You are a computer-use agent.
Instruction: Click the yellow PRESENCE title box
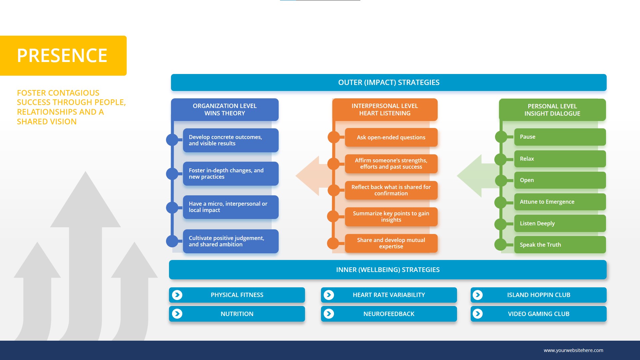pyautogui.click(x=63, y=56)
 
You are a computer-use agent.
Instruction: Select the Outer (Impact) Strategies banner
pyautogui.click(x=389, y=82)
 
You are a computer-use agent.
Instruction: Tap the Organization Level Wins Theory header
pyautogui.click(x=225, y=110)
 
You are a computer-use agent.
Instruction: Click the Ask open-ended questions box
pyautogui.click(x=391, y=137)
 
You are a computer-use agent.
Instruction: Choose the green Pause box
pyautogui.click(x=560, y=137)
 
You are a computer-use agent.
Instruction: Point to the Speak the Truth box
pyautogui.click(x=560, y=245)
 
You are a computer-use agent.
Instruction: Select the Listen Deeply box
pyautogui.click(x=560, y=223)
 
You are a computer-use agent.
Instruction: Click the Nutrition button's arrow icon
pyautogui.click(x=177, y=314)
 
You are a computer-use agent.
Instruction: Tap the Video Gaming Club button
pyautogui.click(x=538, y=314)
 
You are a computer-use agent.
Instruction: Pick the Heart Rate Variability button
pyautogui.click(x=389, y=295)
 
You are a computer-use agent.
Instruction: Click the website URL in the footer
pyautogui.click(x=573, y=350)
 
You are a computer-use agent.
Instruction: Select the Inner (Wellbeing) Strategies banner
pyautogui.click(x=388, y=270)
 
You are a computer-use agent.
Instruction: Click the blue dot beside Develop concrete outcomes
pyautogui.click(x=172, y=140)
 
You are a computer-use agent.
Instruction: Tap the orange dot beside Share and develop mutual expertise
pyautogui.click(x=333, y=243)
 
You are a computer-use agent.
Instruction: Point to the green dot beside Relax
pyautogui.click(x=501, y=159)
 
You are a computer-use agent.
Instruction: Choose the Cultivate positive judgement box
pyautogui.click(x=231, y=241)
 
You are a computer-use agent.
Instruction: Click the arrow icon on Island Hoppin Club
pyautogui.click(x=478, y=295)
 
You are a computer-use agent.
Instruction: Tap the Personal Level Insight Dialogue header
pyautogui.click(x=552, y=110)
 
